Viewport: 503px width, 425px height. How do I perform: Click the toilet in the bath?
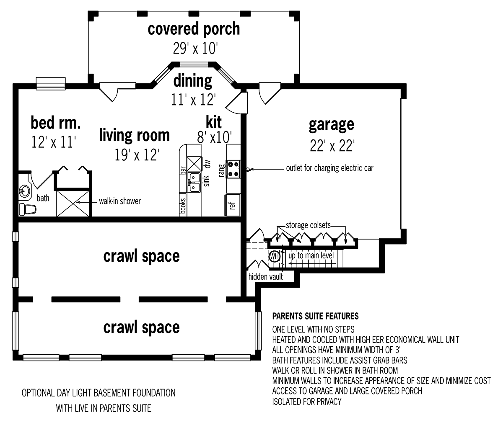pos(28,209)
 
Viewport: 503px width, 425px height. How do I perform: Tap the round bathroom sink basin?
pos(25,191)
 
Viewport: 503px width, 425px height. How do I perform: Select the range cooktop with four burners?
pos(233,169)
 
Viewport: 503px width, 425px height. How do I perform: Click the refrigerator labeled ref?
pos(232,205)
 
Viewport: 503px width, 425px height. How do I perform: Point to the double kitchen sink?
pos(194,182)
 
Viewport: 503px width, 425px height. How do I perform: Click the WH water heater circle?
pos(275,257)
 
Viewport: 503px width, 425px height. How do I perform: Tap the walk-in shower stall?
pos(73,203)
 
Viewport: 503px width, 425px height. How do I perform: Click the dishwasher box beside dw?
pos(194,164)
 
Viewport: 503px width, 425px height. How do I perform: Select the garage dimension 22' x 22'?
pos(332,146)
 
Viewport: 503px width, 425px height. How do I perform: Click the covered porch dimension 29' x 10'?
pos(195,48)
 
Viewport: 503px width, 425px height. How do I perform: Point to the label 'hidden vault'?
pos(265,276)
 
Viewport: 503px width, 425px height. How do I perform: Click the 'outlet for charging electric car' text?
pos(329,168)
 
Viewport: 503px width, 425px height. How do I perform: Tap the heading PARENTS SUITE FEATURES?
pos(315,316)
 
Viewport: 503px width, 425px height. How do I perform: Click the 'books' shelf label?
pos(183,206)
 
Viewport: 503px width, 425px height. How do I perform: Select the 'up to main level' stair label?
pos(311,255)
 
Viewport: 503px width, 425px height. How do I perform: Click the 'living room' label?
pos(134,135)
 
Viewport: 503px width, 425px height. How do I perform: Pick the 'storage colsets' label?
pos(308,225)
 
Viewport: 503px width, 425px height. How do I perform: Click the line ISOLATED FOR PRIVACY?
pos(306,402)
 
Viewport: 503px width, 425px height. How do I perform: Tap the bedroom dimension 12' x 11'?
pos(54,142)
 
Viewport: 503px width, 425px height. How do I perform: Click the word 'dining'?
pos(192,81)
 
